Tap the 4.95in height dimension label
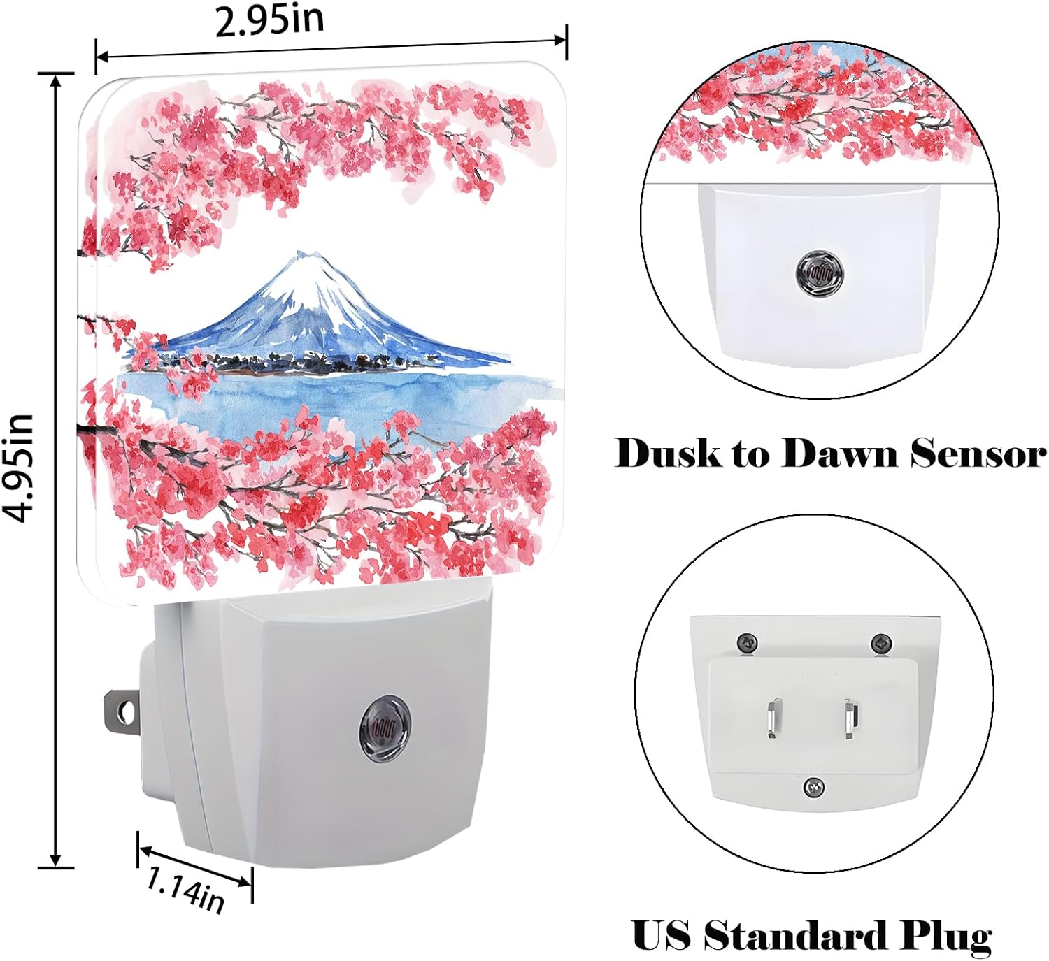click(18, 468)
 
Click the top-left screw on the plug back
click(747, 642)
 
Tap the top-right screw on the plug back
click(881, 642)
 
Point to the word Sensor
click(978, 454)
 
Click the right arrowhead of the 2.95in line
click(559, 41)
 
